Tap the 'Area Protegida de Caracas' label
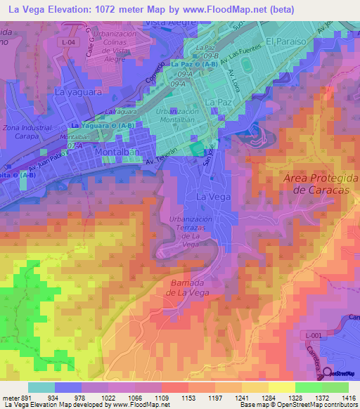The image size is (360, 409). (316, 184)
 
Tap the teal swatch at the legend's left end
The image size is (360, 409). (41, 387)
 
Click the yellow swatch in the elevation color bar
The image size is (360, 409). (281, 387)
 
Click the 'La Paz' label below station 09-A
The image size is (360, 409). (214, 102)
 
